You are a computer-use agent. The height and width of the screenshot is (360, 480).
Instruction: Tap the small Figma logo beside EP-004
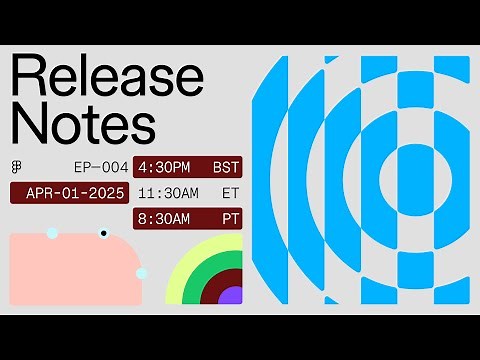17,165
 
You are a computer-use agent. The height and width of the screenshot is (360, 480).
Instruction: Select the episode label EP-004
101,166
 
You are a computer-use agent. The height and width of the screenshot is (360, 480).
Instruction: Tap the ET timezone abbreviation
230,192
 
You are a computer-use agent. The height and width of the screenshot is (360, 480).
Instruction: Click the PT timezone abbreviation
230,217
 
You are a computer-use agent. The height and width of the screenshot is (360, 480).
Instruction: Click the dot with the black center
103,234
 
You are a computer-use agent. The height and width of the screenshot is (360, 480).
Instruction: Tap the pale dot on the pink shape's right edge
141,273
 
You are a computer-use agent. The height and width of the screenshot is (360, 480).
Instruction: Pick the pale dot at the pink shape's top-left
52,233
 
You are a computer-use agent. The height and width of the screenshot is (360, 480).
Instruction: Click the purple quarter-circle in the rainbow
231,295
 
